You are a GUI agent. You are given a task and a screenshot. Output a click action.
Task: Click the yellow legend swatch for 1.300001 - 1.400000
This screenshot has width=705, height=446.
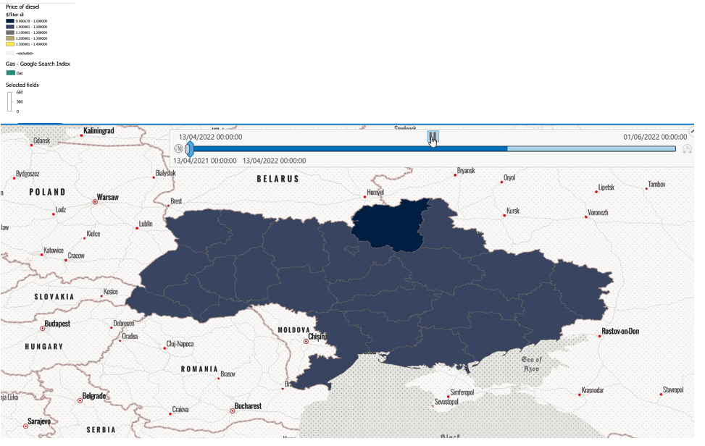pyautogui.click(x=10, y=44)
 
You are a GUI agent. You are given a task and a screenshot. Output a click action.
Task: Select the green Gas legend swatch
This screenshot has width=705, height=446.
pyautogui.click(x=10, y=73)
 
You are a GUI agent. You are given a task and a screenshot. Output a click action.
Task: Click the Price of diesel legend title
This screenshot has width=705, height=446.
pyautogui.click(x=22, y=7)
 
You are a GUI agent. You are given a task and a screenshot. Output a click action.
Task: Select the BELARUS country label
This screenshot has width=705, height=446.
pyautogui.click(x=278, y=178)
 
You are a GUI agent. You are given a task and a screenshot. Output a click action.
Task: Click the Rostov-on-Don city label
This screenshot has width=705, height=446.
pyautogui.click(x=620, y=332)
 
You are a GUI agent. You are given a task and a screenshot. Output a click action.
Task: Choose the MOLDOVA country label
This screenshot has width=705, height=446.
pyautogui.click(x=293, y=329)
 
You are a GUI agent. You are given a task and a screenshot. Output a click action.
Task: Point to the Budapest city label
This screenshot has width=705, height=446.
pyautogui.click(x=57, y=324)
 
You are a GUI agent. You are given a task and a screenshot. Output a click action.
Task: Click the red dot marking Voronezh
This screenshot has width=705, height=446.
pyautogui.click(x=586, y=216)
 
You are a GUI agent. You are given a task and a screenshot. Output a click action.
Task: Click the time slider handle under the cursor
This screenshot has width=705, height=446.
pyautogui.click(x=433, y=136)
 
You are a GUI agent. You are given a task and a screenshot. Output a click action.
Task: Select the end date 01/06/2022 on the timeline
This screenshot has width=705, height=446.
pyautogui.click(x=654, y=137)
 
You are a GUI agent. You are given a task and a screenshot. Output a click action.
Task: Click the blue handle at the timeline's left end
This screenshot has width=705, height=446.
pyautogui.click(x=189, y=149)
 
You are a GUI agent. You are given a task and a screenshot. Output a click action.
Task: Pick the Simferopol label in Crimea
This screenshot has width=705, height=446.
pyautogui.click(x=464, y=392)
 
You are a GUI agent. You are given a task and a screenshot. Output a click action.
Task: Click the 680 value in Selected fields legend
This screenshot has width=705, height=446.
pyautogui.click(x=20, y=93)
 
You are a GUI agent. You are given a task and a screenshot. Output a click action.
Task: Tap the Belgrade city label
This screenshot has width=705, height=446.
pyautogui.click(x=93, y=396)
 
